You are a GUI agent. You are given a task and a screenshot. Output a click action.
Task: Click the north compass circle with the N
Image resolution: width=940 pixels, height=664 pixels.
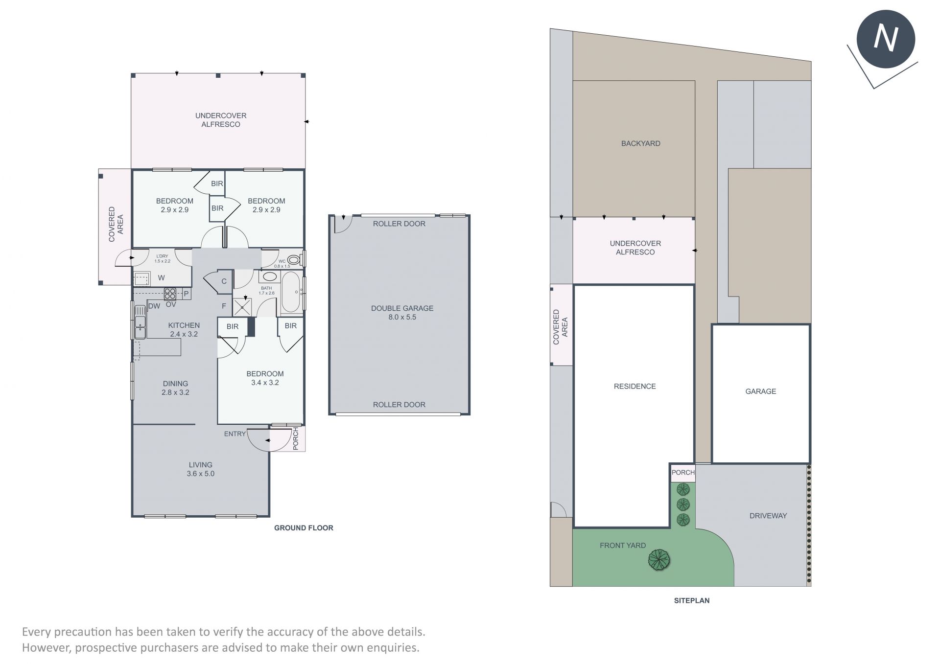886,39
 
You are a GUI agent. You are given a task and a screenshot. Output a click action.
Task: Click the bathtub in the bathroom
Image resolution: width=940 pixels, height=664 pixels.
291,292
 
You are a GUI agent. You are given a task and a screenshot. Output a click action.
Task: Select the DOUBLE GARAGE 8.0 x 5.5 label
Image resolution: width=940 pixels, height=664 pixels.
402,313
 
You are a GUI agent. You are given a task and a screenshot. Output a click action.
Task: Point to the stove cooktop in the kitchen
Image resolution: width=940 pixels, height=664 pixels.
170,294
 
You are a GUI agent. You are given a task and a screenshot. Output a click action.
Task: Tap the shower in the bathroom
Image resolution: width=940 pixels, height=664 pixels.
242,307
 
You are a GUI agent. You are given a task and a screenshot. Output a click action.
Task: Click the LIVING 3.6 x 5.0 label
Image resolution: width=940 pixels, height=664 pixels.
201,469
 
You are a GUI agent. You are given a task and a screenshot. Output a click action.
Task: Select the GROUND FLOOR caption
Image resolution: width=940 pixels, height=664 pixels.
304,527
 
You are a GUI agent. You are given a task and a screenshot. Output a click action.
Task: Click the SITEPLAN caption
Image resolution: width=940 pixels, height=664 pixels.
691,600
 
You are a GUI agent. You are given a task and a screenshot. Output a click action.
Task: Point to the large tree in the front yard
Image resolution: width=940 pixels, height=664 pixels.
659,560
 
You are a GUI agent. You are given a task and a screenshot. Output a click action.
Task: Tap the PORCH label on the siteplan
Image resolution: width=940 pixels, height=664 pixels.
683,472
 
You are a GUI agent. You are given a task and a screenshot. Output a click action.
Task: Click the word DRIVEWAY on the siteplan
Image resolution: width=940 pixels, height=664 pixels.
768,515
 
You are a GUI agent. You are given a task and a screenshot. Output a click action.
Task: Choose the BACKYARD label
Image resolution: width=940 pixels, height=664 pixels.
640,143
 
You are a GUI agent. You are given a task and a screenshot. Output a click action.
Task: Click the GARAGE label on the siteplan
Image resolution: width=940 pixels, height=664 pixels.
761,391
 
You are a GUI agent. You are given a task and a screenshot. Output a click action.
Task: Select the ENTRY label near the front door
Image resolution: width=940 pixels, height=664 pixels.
235,434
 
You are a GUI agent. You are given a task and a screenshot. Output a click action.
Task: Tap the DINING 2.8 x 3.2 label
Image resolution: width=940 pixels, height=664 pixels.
175,388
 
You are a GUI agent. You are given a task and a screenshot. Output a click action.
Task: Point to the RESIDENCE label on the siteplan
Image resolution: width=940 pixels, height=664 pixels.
634,387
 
